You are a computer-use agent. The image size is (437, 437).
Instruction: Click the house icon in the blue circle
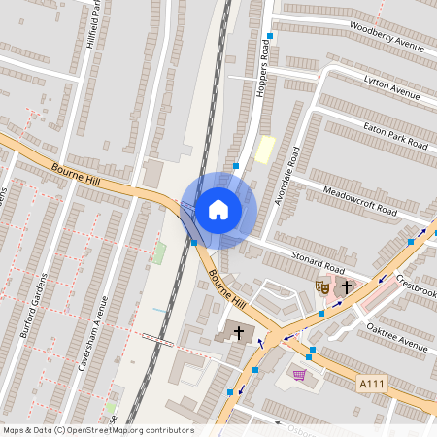(218, 209)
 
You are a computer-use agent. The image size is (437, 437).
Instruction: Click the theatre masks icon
(321, 286)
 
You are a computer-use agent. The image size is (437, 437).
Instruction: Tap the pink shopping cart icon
(300, 375)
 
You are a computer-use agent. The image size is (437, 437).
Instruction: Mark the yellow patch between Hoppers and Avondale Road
(263, 150)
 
